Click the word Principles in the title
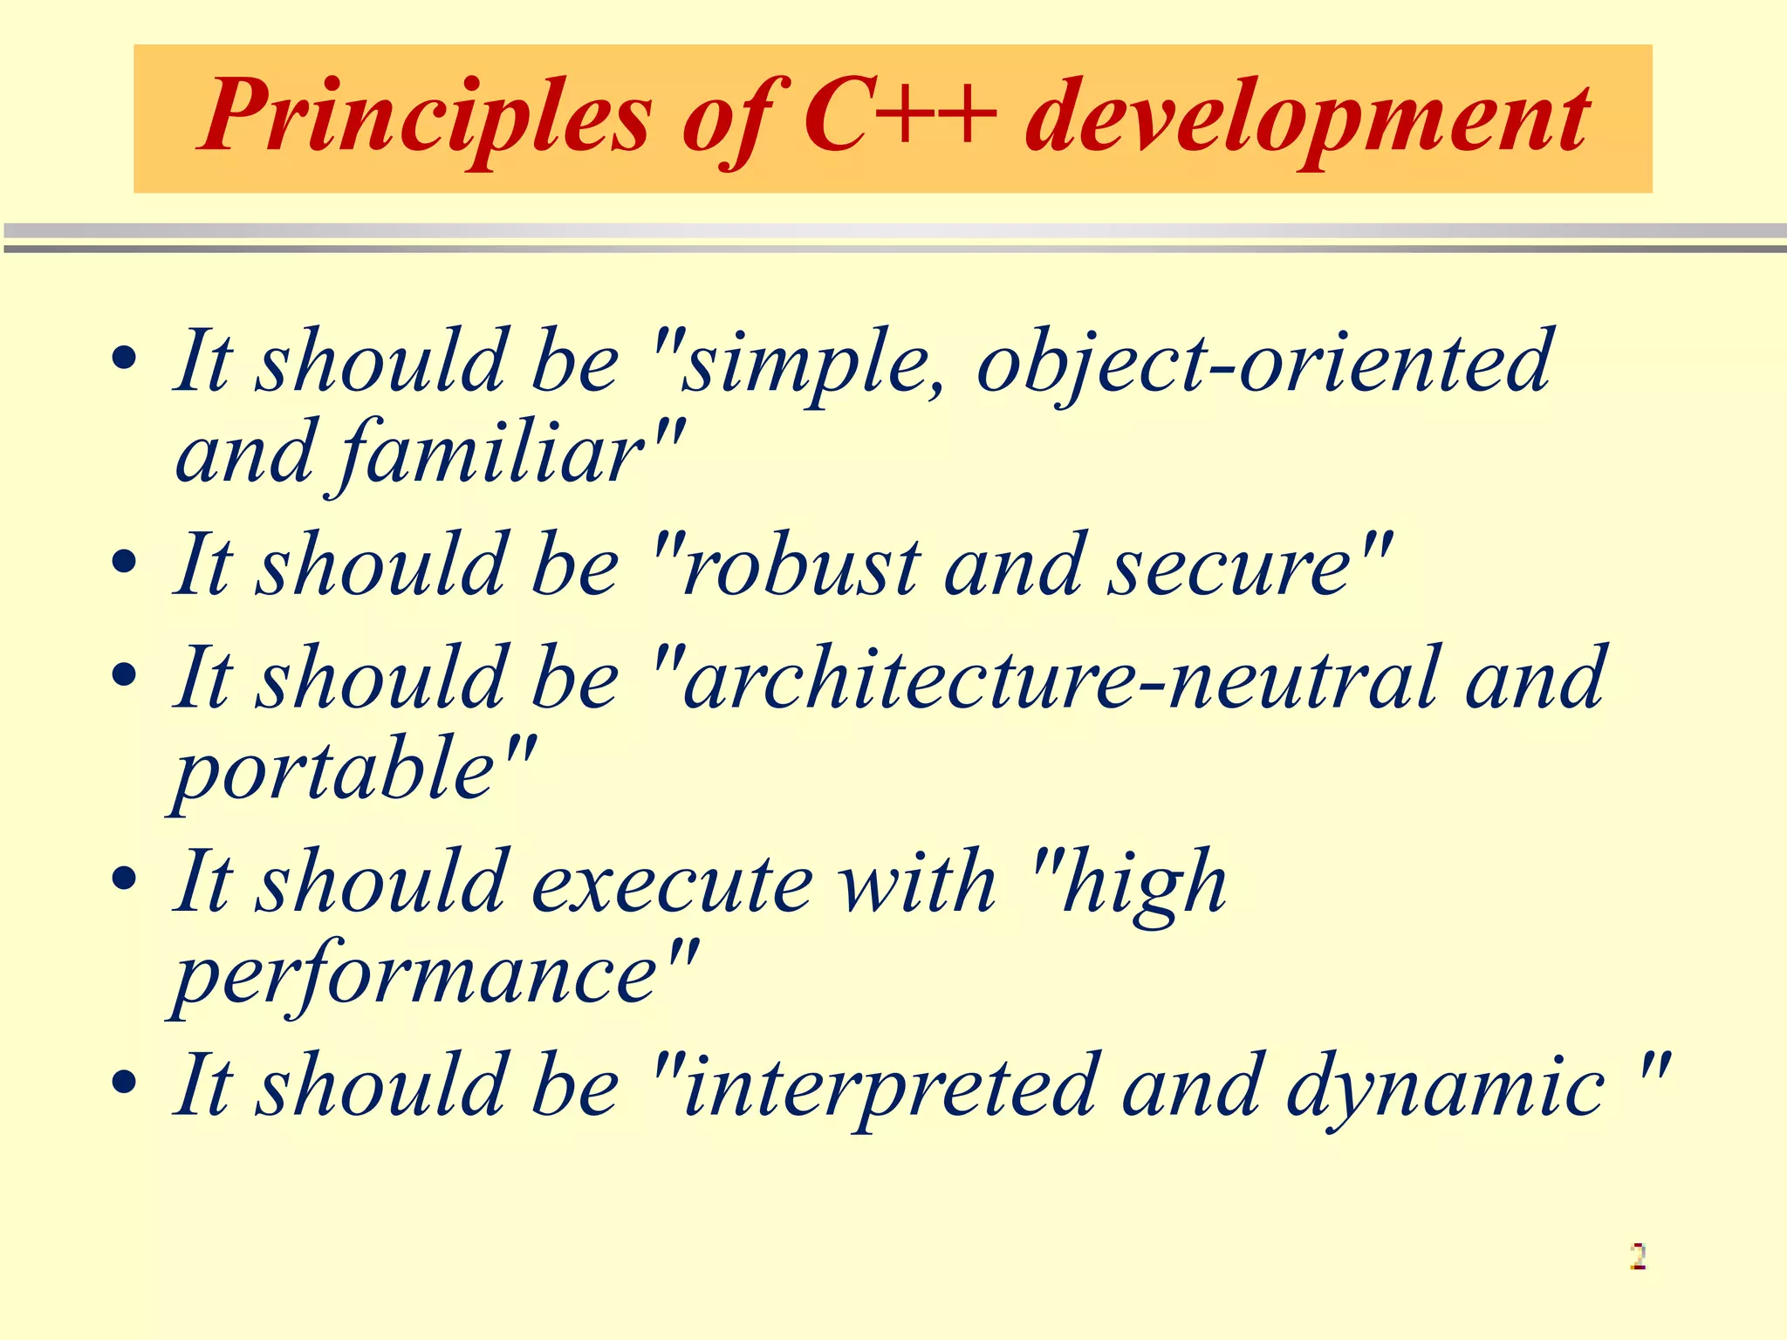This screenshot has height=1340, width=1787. tap(427, 118)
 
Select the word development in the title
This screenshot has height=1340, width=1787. tap(1308, 118)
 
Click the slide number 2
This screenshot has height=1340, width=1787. tap(1638, 1256)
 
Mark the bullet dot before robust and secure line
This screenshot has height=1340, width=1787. tap(125, 562)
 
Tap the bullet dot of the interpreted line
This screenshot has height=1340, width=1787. tap(125, 1082)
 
